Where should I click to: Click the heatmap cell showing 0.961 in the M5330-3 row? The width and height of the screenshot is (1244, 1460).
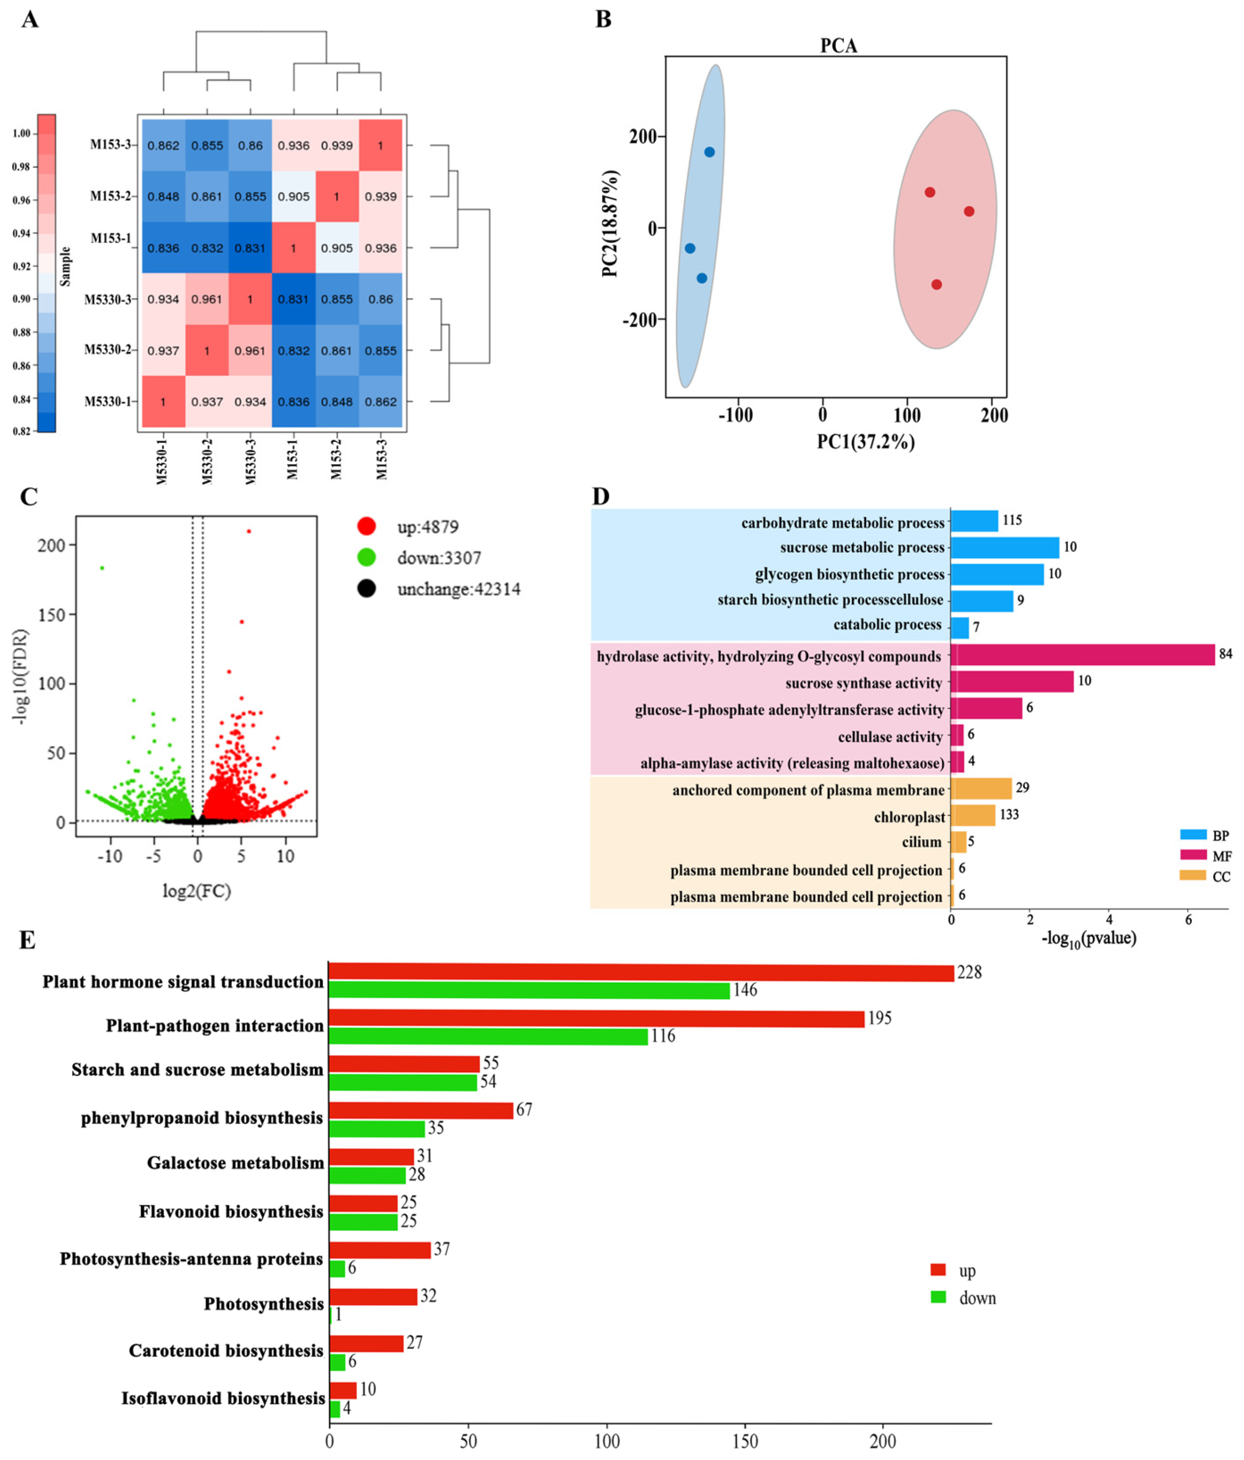click(206, 299)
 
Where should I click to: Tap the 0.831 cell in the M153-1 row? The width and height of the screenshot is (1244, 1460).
click(250, 248)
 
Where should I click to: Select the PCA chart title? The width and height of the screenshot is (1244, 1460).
click(838, 46)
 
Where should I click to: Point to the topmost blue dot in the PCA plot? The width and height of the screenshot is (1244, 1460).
click(709, 152)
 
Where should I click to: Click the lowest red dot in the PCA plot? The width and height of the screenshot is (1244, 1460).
click(936, 285)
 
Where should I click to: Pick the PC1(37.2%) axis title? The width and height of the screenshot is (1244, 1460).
click(866, 442)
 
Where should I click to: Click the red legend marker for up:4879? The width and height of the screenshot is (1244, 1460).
click(366, 526)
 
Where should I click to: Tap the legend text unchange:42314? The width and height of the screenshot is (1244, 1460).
click(458, 589)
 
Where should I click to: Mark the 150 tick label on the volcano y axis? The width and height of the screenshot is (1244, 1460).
click(51, 615)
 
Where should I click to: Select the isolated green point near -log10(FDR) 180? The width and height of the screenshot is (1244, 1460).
click(102, 568)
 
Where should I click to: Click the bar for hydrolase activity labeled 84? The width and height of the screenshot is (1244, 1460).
click(1082, 654)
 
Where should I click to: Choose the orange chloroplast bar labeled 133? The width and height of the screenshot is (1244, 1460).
click(973, 815)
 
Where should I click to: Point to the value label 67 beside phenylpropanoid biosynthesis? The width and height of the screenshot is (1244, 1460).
click(524, 1109)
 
